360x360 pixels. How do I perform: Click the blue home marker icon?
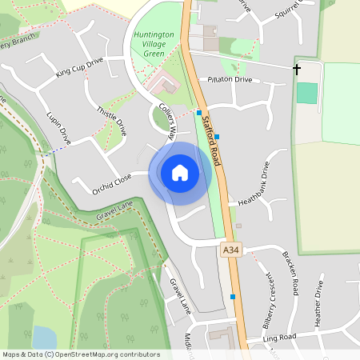click(180, 172)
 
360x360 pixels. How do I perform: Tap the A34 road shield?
click(230, 251)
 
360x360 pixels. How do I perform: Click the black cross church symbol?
click(297, 70)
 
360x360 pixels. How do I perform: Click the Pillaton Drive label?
click(230, 80)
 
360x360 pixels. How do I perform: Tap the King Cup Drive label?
click(80, 68)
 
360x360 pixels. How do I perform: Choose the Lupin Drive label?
click(59, 128)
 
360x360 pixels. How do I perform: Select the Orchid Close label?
click(111, 184)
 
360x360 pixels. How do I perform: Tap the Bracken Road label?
click(290, 274)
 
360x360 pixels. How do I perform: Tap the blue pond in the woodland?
click(45, 337)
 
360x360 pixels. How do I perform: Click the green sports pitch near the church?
click(306, 92)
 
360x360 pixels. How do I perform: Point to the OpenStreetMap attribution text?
click(81, 354)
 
